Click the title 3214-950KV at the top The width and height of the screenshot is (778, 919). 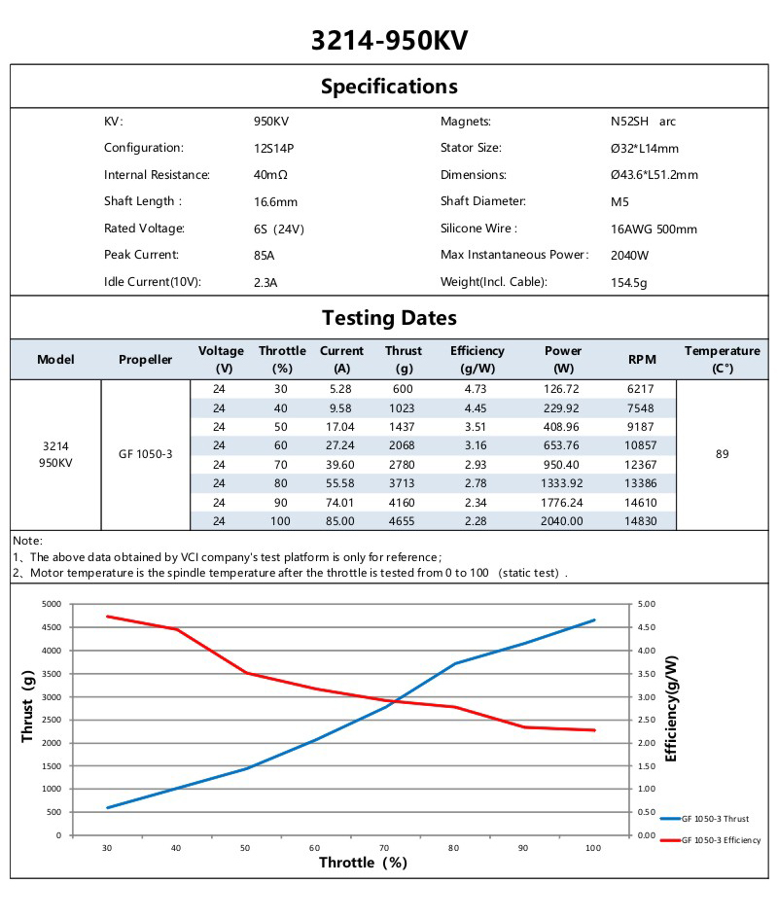click(x=389, y=40)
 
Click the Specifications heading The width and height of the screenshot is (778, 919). click(x=389, y=86)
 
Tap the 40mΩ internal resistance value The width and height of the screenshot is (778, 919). click(x=270, y=176)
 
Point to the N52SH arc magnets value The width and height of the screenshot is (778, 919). click(x=636, y=123)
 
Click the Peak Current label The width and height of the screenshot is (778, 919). click(x=142, y=256)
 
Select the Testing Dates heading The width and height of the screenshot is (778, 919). click(x=389, y=318)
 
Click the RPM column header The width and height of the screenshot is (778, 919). click(x=642, y=360)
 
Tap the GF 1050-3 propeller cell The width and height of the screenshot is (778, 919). click(x=146, y=454)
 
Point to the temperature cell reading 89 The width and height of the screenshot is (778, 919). click(x=722, y=454)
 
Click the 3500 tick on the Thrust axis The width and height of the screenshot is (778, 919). click(x=52, y=674)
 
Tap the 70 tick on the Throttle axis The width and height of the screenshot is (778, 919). click(x=384, y=848)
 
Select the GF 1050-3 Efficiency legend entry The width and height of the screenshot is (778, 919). click(x=721, y=840)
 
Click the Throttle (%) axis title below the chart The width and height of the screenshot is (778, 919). click(x=363, y=863)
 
